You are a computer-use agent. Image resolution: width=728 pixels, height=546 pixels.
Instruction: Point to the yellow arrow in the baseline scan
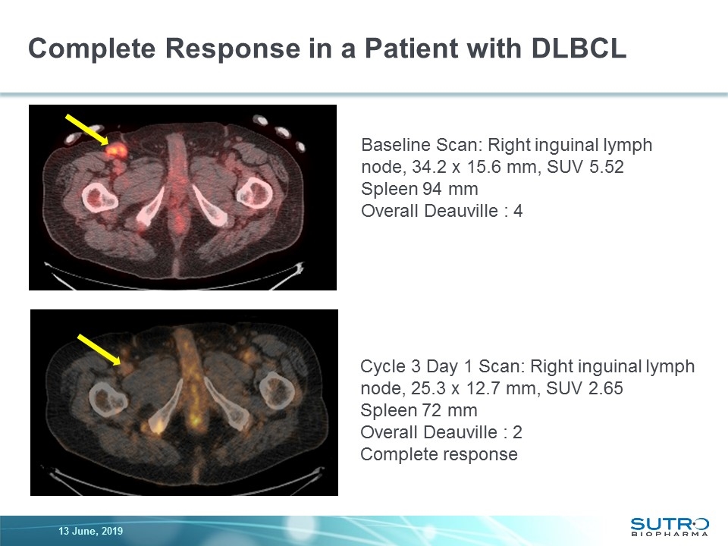(x=86, y=129)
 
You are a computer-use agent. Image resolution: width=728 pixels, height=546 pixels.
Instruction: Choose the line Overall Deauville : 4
(x=441, y=211)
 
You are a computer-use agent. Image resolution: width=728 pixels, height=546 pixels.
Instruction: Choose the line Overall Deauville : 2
(x=441, y=432)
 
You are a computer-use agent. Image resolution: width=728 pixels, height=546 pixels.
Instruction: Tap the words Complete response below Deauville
(x=438, y=454)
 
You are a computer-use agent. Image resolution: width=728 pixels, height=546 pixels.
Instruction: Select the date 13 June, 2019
(x=90, y=531)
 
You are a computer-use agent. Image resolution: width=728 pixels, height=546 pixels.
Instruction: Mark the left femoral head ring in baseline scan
(x=101, y=195)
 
